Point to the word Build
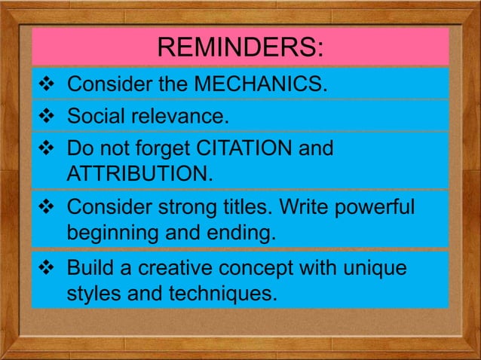pyautogui.click(x=90, y=267)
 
